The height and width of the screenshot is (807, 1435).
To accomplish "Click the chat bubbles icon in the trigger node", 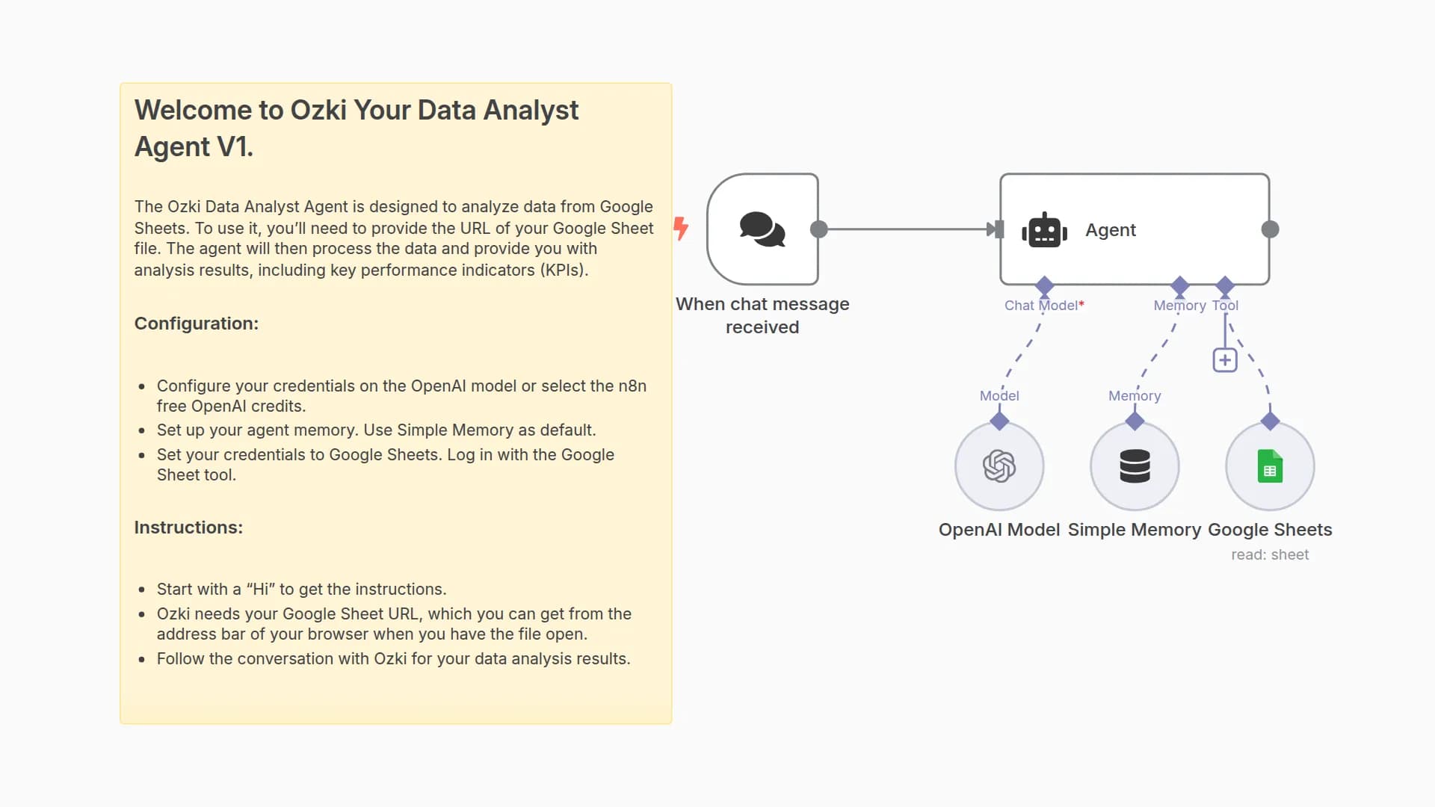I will coord(762,229).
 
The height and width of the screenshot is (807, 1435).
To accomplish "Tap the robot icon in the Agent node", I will coord(1044,230).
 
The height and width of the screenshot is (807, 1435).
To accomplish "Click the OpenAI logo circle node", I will coord(999,466).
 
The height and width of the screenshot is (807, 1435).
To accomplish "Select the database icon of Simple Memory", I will coord(1135,466).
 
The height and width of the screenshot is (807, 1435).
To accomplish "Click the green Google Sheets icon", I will coord(1270,466).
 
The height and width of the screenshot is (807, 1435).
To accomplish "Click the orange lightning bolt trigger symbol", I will coord(680,228).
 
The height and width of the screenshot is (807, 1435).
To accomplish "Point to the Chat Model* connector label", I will coord(1043,306).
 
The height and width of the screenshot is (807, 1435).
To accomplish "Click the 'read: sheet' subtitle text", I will coord(1270,555).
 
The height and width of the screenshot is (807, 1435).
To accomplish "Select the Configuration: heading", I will coord(196,324).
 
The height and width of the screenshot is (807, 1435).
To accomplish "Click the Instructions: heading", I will coord(188,528).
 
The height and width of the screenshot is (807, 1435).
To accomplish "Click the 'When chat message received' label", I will coord(762,315).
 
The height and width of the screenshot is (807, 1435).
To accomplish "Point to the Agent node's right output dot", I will coord(1270,229).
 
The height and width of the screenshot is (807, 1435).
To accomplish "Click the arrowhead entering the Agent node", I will coord(993,229).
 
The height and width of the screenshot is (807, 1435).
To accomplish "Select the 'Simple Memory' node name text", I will coord(1134,530).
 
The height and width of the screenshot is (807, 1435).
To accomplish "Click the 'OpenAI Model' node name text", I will coord(999,530).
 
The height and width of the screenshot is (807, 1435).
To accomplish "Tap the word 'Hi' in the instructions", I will coord(261,590).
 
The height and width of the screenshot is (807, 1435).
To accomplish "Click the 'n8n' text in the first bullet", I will coord(632,386).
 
